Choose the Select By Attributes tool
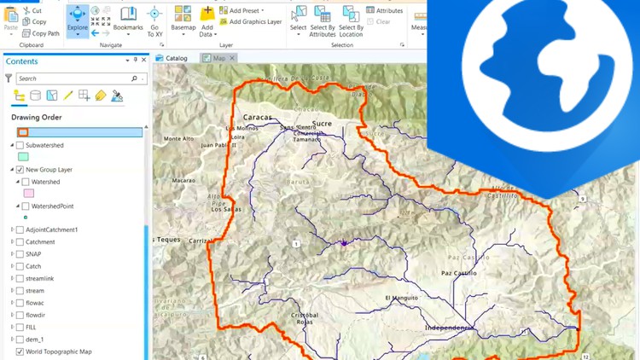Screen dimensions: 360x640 coord(323,20)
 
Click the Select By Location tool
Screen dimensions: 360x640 coord(351,20)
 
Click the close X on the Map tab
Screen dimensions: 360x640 coord(232,58)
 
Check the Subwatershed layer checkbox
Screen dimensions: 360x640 coord(20,145)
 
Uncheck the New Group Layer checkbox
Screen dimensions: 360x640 coord(20,170)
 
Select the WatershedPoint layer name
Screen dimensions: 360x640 coord(53,206)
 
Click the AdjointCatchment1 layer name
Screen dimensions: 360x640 coord(51,229)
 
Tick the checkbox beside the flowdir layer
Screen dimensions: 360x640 coord(20,315)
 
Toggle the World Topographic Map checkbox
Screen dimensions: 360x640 coord(20,351)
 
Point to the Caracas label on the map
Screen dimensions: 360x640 coord(257,117)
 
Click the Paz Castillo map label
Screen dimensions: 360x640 coord(459,273)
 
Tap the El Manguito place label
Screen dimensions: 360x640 coord(402,298)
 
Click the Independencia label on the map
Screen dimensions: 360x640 coord(450,328)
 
